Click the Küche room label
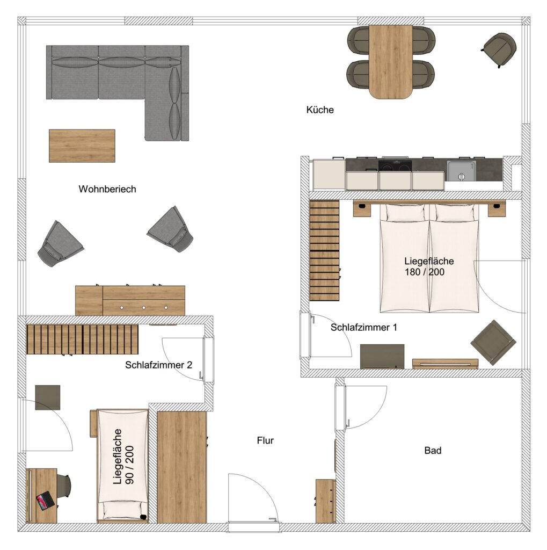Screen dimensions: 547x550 tap(320, 110)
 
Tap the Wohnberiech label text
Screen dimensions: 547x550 tap(107, 189)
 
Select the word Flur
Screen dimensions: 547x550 tap(265, 440)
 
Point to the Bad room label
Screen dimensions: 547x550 tap(433, 451)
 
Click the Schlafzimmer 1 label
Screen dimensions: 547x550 tap(363, 327)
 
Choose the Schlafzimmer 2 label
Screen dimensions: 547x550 tap(158, 365)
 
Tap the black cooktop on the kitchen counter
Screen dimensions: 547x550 tap(395, 165)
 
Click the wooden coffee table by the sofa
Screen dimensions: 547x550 tap(82, 146)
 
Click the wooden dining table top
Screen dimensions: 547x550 tap(391, 62)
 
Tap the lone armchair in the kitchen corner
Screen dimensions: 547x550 tap(499, 49)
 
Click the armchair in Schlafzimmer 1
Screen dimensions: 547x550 tap(493, 342)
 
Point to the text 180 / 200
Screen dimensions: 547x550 tap(424, 272)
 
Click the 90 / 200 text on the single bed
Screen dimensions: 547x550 tap(129, 465)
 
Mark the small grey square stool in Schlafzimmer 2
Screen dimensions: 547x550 tap(48, 397)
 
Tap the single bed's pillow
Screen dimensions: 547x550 tap(123, 510)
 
